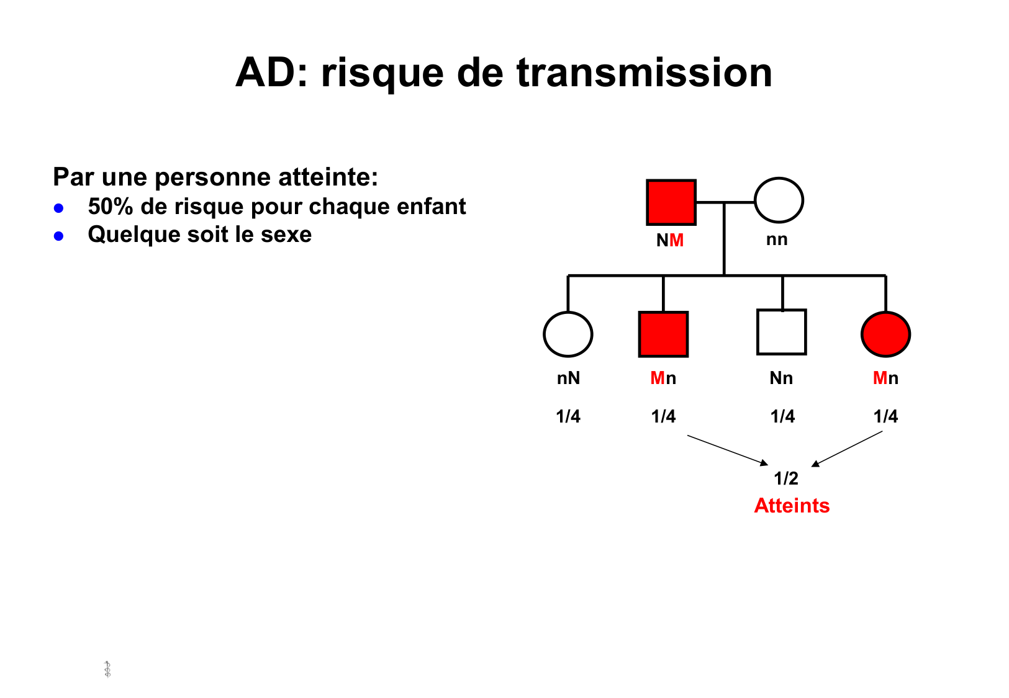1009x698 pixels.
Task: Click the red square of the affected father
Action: pos(671,202)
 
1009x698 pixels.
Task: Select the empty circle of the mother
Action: pos(779,200)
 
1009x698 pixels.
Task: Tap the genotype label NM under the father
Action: pos(669,241)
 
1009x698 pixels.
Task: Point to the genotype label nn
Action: pos(776,239)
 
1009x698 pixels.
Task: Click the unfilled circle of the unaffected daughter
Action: pos(568,334)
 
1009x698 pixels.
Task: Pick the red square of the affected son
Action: pos(663,334)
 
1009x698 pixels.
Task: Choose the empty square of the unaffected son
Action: pos(781,332)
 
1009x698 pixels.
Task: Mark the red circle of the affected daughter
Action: pos(885,334)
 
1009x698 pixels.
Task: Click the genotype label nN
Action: pos(568,378)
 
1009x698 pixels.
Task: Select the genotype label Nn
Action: pos(781,378)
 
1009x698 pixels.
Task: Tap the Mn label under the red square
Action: pos(663,378)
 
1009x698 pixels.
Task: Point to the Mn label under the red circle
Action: pos(885,378)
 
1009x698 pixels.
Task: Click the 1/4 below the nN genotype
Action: pos(568,416)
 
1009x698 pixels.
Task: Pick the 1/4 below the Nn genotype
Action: pos(782,416)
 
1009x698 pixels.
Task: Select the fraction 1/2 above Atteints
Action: pos(785,478)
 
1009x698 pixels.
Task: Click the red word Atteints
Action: pos(792,506)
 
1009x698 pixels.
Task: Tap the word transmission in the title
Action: pos(644,73)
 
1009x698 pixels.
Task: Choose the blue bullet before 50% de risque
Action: pos(59,208)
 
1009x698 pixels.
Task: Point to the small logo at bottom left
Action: pos(107,669)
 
